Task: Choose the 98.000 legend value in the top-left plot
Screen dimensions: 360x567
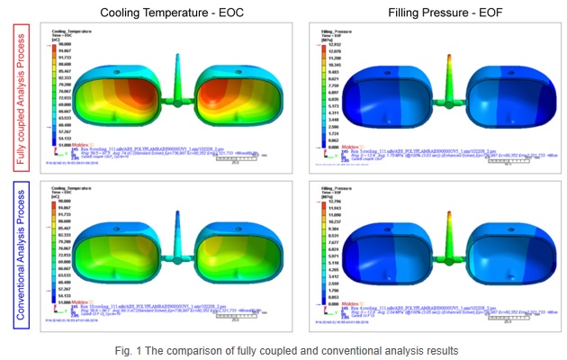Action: [x=65, y=43]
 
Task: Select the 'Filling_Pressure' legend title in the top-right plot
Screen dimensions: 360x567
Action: [x=335, y=31]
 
